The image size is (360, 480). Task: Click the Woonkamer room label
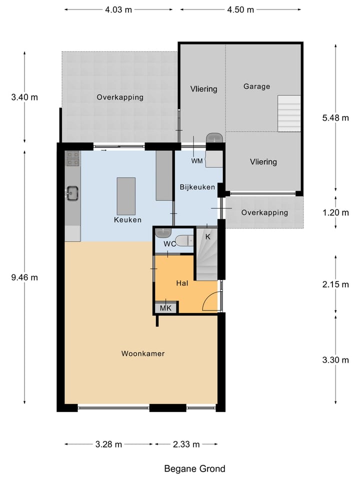(x=143, y=353)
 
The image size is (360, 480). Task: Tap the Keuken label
(x=127, y=219)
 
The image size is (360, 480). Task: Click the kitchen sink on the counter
(x=72, y=192)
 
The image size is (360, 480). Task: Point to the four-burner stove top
(x=72, y=158)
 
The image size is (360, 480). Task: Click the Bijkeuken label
(x=197, y=187)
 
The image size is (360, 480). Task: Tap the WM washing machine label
(x=196, y=161)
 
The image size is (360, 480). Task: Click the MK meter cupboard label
(x=165, y=308)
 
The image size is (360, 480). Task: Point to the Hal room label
(x=182, y=283)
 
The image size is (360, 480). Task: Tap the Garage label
(x=256, y=86)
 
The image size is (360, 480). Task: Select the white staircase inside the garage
(x=289, y=113)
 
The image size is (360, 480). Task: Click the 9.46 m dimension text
(x=24, y=277)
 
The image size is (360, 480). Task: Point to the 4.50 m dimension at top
(x=240, y=9)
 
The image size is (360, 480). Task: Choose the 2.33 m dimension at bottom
(x=186, y=444)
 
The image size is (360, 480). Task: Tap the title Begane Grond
(x=194, y=468)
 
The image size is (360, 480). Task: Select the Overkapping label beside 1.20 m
(x=264, y=212)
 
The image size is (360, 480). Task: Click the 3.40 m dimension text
(x=24, y=97)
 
